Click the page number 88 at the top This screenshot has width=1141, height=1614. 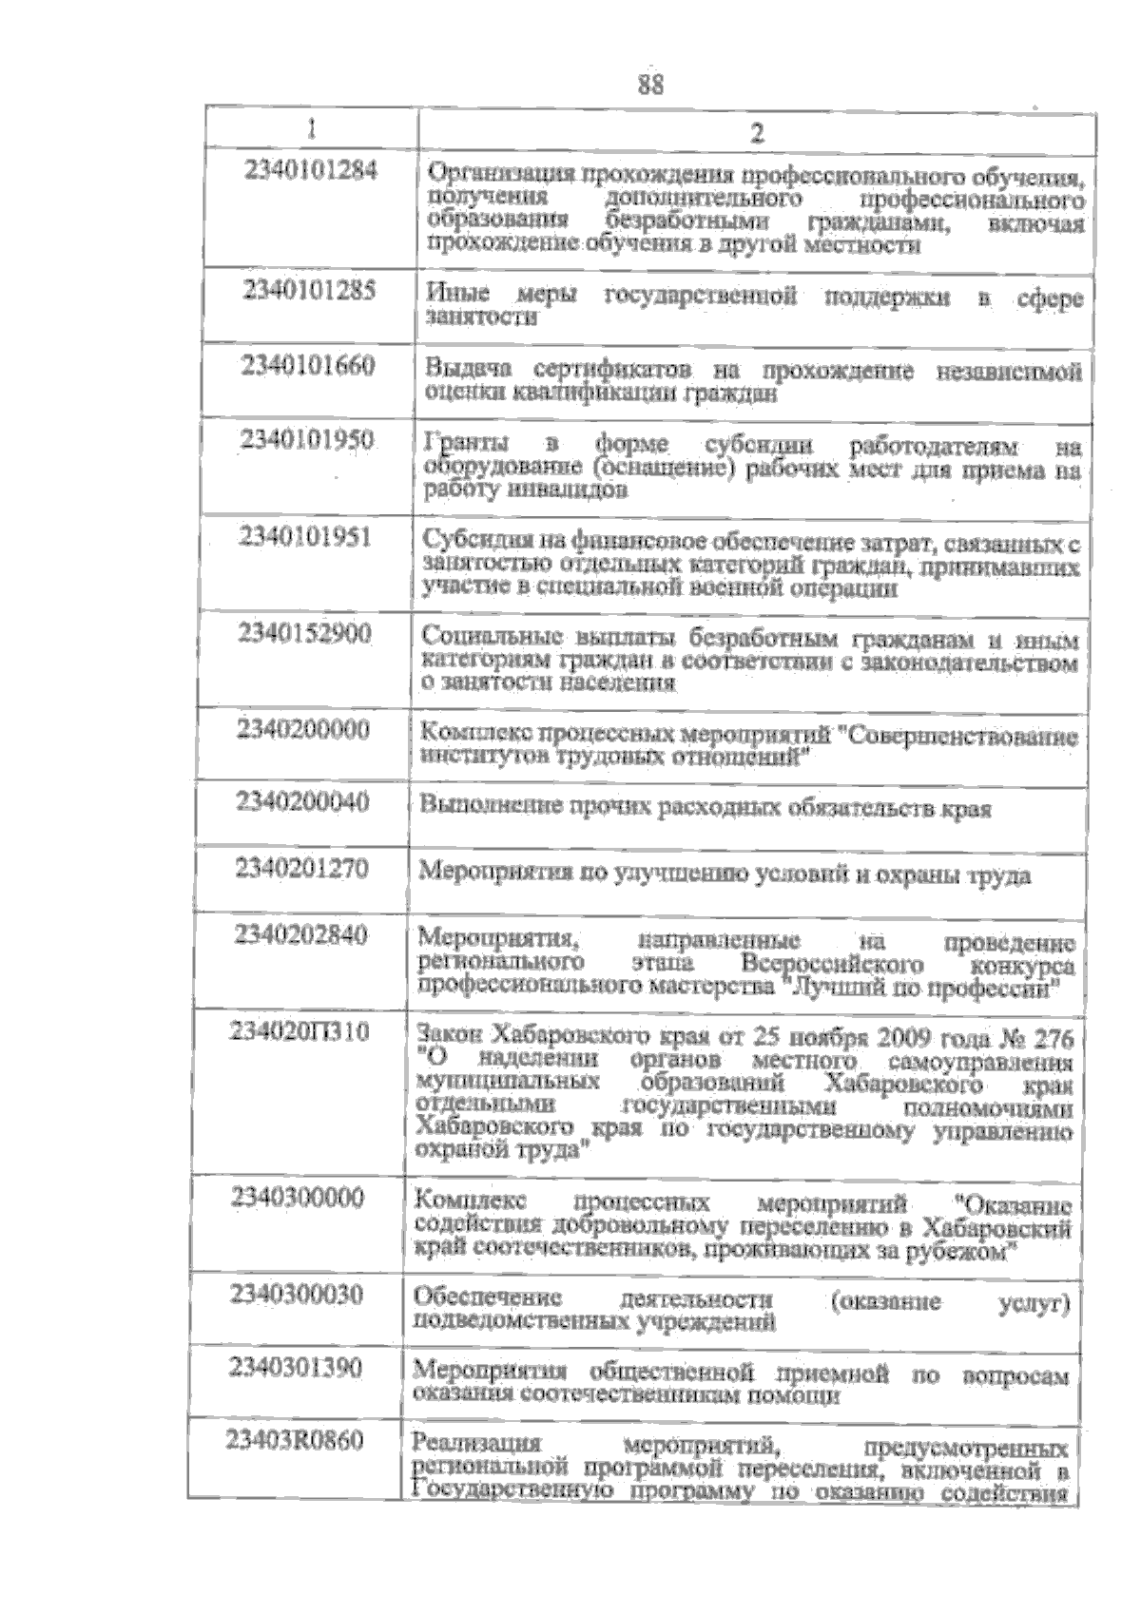point(650,85)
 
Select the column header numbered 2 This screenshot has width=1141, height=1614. point(757,132)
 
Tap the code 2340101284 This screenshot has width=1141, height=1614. point(311,171)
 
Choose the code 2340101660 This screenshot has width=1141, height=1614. point(308,365)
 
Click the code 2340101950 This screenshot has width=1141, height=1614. point(307,439)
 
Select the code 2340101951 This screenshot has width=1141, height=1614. point(305,537)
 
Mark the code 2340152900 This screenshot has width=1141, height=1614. point(304,633)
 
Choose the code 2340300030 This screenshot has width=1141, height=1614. point(297,1294)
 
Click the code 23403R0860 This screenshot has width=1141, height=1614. point(295,1441)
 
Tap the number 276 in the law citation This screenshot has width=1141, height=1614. point(1052,1037)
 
